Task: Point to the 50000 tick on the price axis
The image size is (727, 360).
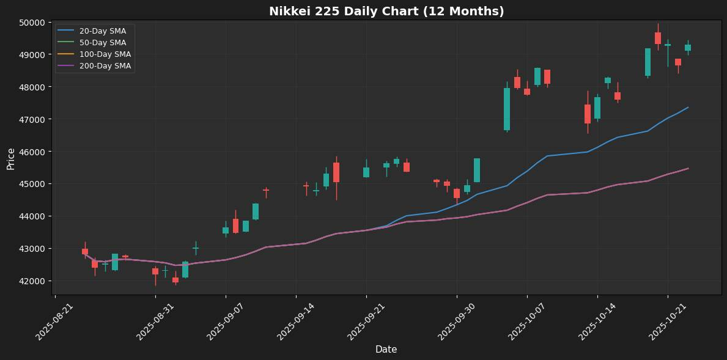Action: (x=32, y=23)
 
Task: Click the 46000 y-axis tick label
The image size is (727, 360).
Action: (x=32, y=152)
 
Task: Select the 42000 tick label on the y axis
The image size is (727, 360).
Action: (x=32, y=281)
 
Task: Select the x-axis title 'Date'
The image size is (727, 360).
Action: (x=386, y=350)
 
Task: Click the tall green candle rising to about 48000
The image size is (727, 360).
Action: (x=507, y=109)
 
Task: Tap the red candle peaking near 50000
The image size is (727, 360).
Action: (x=658, y=38)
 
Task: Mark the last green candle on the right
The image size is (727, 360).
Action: (x=688, y=48)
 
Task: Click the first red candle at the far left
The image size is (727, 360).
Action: (x=85, y=251)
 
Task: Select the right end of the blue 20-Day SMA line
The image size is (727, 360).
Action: (x=688, y=108)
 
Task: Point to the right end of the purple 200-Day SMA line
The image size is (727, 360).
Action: (x=688, y=168)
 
